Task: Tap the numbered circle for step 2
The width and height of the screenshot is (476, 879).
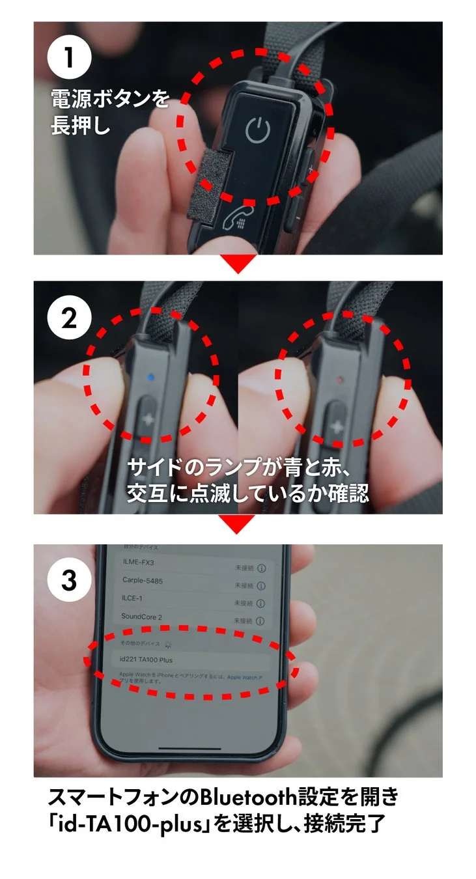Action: (x=70, y=318)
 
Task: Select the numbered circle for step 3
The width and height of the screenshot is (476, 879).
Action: (x=70, y=580)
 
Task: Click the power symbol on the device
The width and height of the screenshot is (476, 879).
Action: (x=257, y=132)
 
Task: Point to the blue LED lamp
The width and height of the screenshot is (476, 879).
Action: (x=150, y=376)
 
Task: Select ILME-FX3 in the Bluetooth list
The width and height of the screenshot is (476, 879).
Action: (x=139, y=562)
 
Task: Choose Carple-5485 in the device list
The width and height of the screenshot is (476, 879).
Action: (x=143, y=579)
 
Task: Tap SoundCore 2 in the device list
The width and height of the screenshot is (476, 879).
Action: (x=141, y=616)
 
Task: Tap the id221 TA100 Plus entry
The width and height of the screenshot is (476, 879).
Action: (x=147, y=660)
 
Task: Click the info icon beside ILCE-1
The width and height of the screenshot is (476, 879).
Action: (x=261, y=604)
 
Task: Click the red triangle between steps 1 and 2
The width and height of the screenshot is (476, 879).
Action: (x=238, y=263)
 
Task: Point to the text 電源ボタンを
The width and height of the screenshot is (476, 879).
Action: (x=110, y=100)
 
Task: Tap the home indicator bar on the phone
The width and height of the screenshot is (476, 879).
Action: (x=192, y=747)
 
